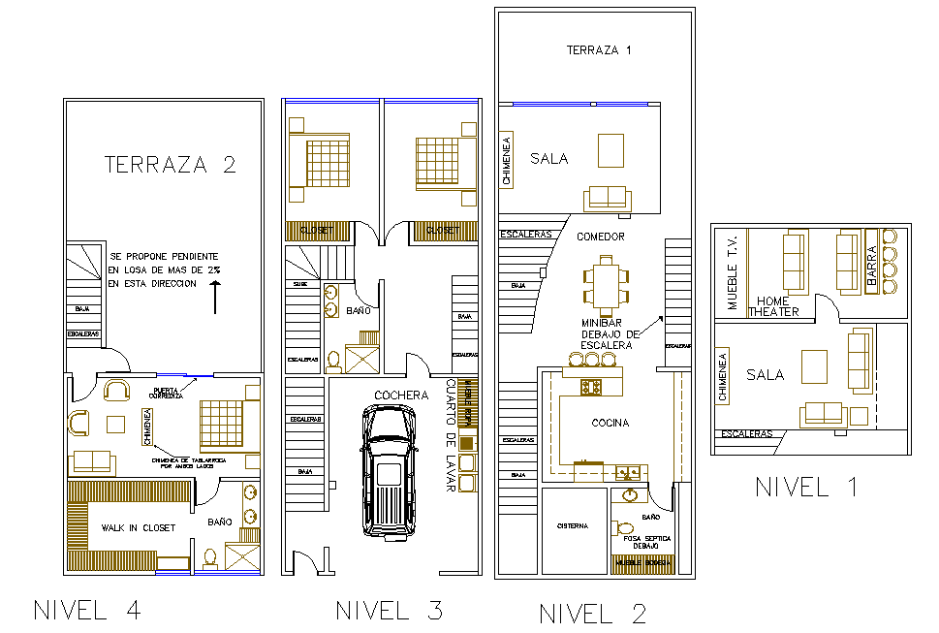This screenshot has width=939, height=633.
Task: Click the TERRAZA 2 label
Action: coord(170,164)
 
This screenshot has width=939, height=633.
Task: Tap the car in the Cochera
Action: coord(389,468)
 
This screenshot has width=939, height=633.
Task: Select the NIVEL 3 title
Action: coord(389,610)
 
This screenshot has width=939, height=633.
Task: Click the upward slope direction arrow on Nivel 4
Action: coord(214,297)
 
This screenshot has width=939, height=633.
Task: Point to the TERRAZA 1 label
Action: coord(599,50)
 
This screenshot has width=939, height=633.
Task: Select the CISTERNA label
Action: coord(572,526)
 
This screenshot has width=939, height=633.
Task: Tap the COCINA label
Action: coord(610,423)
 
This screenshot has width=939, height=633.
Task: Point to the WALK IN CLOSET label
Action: coord(138,527)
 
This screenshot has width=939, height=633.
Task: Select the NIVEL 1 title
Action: coord(806,487)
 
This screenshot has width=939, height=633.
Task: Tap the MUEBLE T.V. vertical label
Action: coord(733,271)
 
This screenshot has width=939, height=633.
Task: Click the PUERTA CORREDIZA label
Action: coord(166,392)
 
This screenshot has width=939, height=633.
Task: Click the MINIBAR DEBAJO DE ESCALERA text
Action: coord(608,333)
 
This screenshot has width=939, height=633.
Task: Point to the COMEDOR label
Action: coord(601,237)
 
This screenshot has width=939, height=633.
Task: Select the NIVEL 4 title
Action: coord(87,610)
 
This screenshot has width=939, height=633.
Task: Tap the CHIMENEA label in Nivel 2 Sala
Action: coord(507,161)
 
